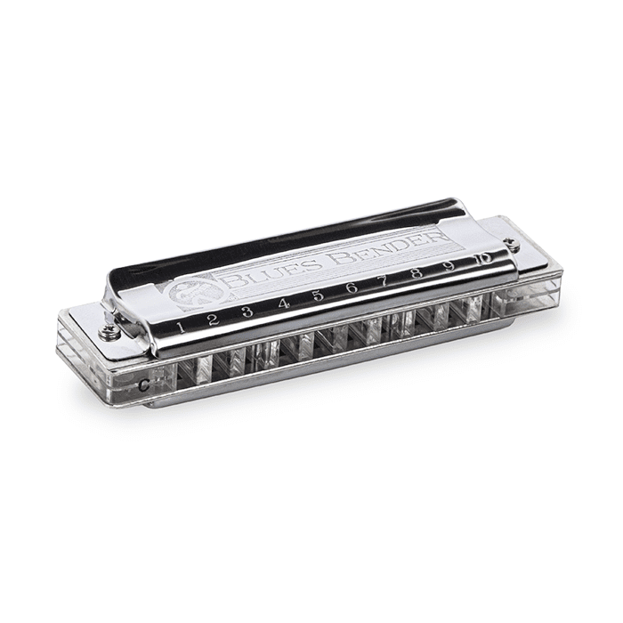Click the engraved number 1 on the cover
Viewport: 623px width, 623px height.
click(x=181, y=328)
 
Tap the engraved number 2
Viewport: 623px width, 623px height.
click(x=214, y=320)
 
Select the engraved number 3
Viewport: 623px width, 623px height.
click(x=248, y=311)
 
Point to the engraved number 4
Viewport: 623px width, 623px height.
click(x=283, y=303)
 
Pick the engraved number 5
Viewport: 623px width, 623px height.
click(x=317, y=295)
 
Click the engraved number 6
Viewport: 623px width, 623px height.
click(x=352, y=287)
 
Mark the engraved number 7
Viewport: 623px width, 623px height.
click(x=384, y=279)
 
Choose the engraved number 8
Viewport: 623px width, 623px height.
click(x=417, y=272)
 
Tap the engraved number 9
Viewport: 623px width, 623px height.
click(x=449, y=265)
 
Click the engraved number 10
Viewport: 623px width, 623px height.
click(x=483, y=258)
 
